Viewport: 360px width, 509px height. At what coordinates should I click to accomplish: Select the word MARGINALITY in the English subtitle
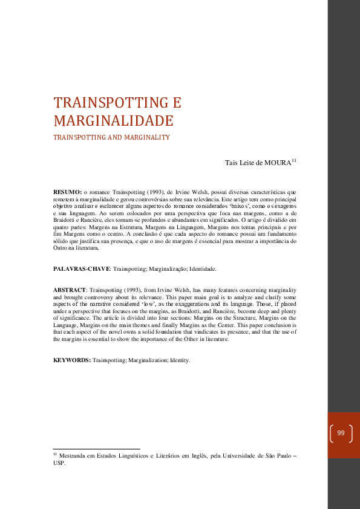point(148,137)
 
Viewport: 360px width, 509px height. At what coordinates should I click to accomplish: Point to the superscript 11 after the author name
point(294,160)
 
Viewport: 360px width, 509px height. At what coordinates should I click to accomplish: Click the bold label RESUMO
point(67,192)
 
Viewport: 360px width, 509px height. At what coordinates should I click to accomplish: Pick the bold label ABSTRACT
point(70,290)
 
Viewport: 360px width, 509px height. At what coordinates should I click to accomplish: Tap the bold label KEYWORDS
point(72,360)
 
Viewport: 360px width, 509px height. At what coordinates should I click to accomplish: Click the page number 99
point(341,433)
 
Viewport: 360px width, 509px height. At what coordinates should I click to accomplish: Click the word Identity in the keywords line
point(180,360)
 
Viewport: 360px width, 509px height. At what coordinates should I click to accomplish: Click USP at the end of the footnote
point(59,464)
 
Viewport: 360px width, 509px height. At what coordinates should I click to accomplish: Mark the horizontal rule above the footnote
point(97,449)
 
